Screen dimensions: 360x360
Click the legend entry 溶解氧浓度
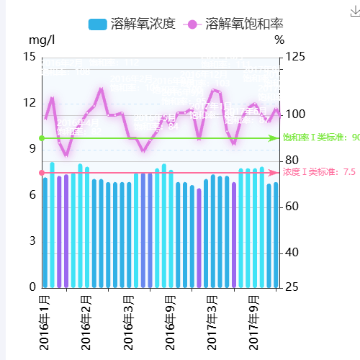[x=134, y=24]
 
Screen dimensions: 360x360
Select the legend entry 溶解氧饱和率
[x=234, y=24]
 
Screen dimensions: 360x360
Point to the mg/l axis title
[x=42, y=41]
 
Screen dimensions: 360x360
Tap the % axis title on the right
[x=279, y=41]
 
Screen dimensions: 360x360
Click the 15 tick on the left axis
[x=29, y=57]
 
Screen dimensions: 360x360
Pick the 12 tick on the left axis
[x=29, y=103]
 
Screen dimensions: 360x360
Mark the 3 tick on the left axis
[x=31, y=240]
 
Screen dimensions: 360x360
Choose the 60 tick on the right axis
[x=292, y=207]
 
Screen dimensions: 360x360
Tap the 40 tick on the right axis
[x=292, y=253]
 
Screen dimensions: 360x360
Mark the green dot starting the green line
[x=42, y=138]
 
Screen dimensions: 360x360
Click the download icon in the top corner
[x=354, y=9]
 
